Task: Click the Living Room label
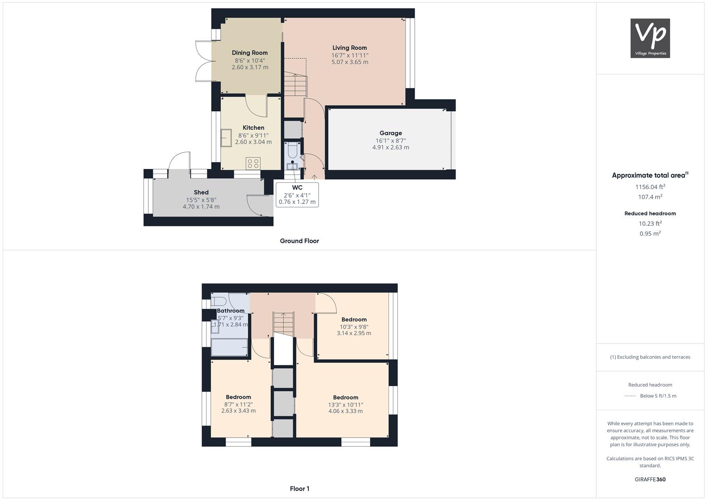coord(350,48)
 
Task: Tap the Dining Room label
coord(250,53)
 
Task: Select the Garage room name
coord(391,133)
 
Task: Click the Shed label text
coord(201,192)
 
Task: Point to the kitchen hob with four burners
coord(253,163)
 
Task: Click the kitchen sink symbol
coord(226,137)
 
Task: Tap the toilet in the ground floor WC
coord(292,150)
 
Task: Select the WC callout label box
coord(297,194)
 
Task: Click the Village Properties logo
coord(650,38)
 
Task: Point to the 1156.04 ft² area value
coord(650,187)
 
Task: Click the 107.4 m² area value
coord(650,197)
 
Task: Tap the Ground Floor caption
coord(300,241)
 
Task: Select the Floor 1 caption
coord(300,488)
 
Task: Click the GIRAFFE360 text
coord(650,479)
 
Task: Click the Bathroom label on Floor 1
coord(231,311)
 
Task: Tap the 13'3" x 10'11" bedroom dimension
coord(345,404)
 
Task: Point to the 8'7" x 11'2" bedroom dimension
coord(238,404)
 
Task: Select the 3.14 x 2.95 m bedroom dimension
coord(354,333)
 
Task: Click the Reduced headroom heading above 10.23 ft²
coord(650,213)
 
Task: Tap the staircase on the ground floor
coord(295,85)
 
